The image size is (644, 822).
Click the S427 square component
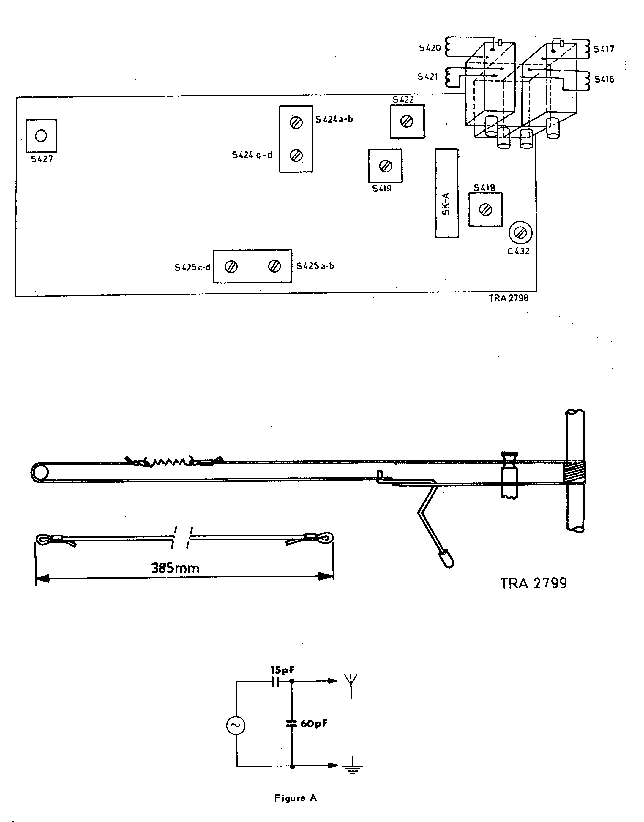(42, 136)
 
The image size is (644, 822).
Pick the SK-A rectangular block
(447, 193)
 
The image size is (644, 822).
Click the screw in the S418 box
(485, 210)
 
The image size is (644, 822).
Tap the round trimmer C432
(520, 233)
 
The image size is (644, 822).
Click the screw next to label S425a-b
(274, 266)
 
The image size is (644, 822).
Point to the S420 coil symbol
(448, 47)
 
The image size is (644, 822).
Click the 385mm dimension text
(175, 568)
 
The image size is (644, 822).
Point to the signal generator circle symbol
(236, 726)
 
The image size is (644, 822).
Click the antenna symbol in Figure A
(351, 686)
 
